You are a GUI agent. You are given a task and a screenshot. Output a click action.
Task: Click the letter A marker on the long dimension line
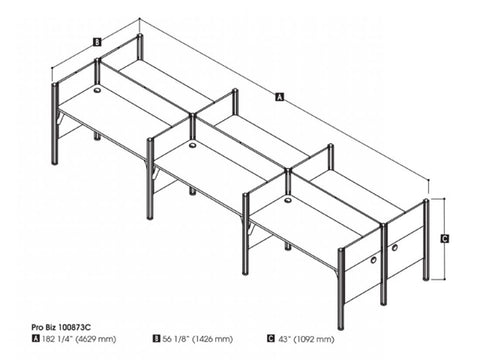coord(279,96)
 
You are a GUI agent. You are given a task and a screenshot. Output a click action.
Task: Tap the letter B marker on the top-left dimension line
coord(95,42)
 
